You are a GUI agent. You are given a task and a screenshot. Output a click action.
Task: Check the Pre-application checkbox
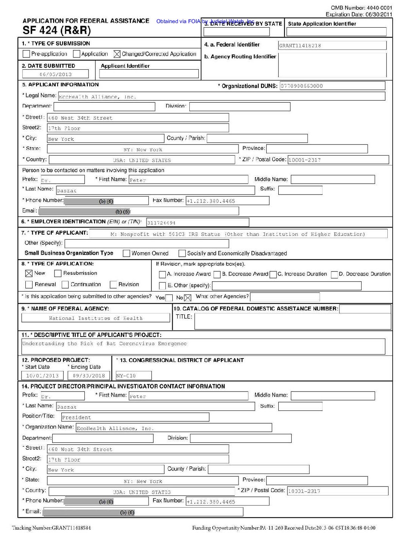click(26, 54)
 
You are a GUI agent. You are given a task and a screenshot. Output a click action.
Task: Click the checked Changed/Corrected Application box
click(117, 54)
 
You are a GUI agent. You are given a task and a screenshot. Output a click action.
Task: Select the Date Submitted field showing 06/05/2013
click(55, 74)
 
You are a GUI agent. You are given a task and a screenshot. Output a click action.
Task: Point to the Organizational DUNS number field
click(332, 86)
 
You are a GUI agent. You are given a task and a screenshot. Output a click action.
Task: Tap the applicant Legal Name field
click(221, 97)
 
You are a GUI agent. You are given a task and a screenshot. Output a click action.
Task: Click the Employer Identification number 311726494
click(197, 223)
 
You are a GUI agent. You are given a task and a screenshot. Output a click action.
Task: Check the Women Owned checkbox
click(126, 253)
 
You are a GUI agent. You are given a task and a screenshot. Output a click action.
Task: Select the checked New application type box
click(29, 273)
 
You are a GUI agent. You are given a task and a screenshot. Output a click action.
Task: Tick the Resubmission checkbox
click(58, 273)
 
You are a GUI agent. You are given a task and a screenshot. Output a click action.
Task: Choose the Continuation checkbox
click(65, 285)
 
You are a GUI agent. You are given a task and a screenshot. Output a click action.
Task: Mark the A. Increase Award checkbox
click(162, 274)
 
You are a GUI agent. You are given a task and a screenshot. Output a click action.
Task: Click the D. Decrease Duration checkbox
click(334, 274)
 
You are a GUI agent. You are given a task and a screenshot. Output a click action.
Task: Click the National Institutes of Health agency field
click(95, 318)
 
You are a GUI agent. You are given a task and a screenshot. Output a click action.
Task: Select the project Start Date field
click(42, 376)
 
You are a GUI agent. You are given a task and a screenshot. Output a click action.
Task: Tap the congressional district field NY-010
click(133, 376)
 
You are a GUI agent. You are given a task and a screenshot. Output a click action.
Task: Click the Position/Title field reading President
click(135, 417)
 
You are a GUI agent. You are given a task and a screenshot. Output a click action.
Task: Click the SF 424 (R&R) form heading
click(57, 30)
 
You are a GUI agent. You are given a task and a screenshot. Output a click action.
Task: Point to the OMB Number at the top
click(361, 8)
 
